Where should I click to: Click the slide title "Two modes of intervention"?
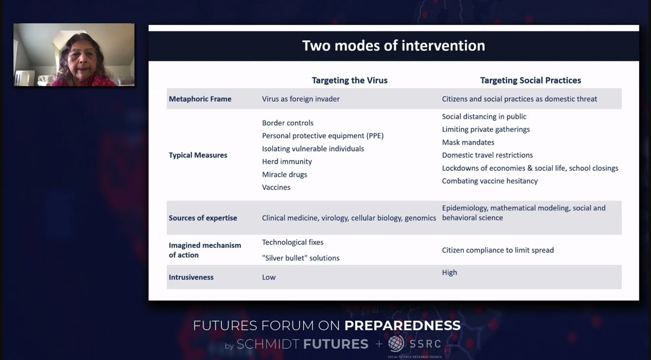click(x=393, y=45)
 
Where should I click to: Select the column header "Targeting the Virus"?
click(x=349, y=80)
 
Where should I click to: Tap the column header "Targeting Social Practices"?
click(x=530, y=80)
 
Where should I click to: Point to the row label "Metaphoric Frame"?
click(x=200, y=99)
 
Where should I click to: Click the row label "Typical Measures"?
click(x=198, y=155)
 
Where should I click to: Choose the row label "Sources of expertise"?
click(x=202, y=218)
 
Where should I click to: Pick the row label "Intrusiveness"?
click(x=191, y=277)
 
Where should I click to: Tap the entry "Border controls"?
click(x=288, y=123)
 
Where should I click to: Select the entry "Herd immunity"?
click(x=286, y=162)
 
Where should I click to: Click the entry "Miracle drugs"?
click(x=284, y=175)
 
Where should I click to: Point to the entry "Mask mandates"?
click(x=468, y=143)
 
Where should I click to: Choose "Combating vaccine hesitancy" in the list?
click(x=489, y=181)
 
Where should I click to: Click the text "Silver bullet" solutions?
click(x=301, y=258)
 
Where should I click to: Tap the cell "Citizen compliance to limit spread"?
click(x=497, y=250)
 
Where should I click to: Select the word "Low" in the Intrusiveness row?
click(x=269, y=277)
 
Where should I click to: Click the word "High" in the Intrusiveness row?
click(x=449, y=273)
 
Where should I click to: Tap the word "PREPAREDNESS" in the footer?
click(x=402, y=325)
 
